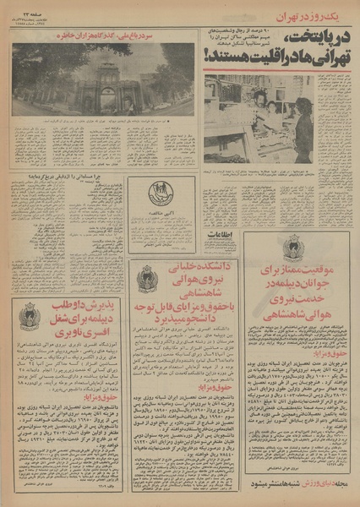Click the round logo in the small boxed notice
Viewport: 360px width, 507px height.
160,193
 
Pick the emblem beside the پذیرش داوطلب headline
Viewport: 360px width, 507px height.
29,315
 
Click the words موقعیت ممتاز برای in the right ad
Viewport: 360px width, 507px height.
297,268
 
